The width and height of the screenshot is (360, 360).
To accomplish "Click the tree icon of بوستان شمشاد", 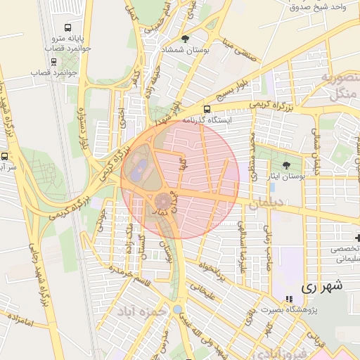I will [185, 39].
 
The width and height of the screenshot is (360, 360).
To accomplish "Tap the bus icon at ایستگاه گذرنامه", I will [206, 109].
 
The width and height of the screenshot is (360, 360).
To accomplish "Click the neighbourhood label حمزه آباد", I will [141, 310].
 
